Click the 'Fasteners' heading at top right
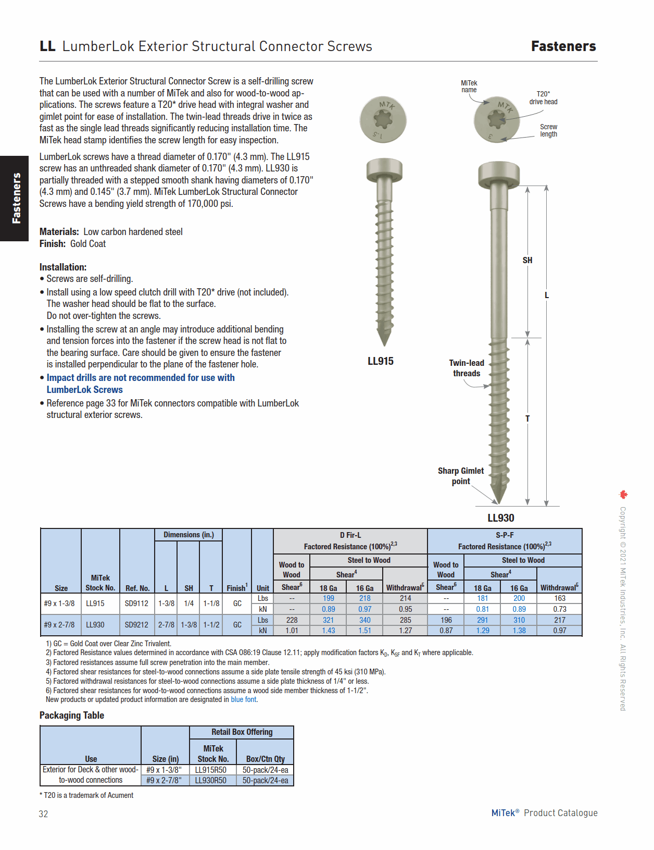[563, 46]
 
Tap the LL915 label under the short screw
[380, 361]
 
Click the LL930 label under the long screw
[500, 518]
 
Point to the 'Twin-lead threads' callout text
[467, 368]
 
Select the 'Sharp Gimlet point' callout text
[461, 476]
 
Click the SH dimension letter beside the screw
[527, 260]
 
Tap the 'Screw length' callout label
[548, 130]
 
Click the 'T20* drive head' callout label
[543, 98]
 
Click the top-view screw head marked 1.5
[383, 120]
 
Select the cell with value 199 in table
[329, 598]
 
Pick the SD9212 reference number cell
[136, 624]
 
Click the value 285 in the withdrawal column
[405, 620]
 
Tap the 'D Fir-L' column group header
[350, 535]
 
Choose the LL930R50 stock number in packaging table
[210, 780]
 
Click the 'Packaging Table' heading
[72, 715]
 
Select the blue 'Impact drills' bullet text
[140, 383]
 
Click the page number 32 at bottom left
[43, 814]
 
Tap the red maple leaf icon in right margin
[623, 495]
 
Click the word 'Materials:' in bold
[59, 232]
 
